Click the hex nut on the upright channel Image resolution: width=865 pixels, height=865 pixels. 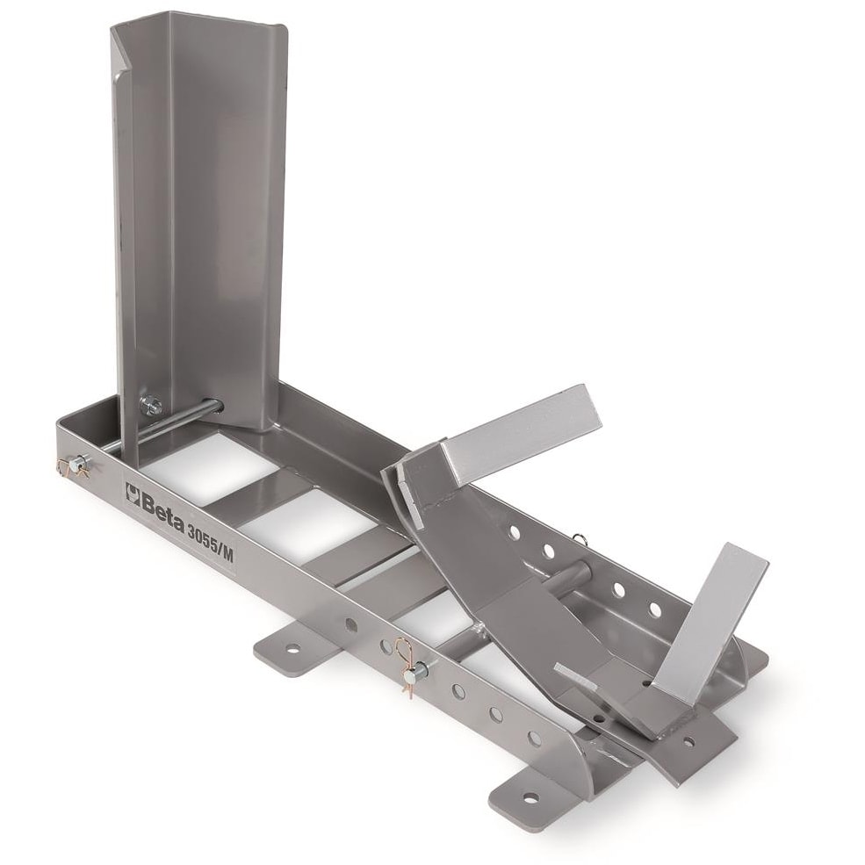pyautogui.click(x=151, y=405)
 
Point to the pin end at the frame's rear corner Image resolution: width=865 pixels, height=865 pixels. pyautogui.click(x=76, y=465)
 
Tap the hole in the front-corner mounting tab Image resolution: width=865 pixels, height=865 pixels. pyautogui.click(x=530, y=797)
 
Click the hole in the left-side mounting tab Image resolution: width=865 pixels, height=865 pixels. pyautogui.click(x=292, y=649)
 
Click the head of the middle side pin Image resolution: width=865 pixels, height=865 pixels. pyautogui.click(x=422, y=671)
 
